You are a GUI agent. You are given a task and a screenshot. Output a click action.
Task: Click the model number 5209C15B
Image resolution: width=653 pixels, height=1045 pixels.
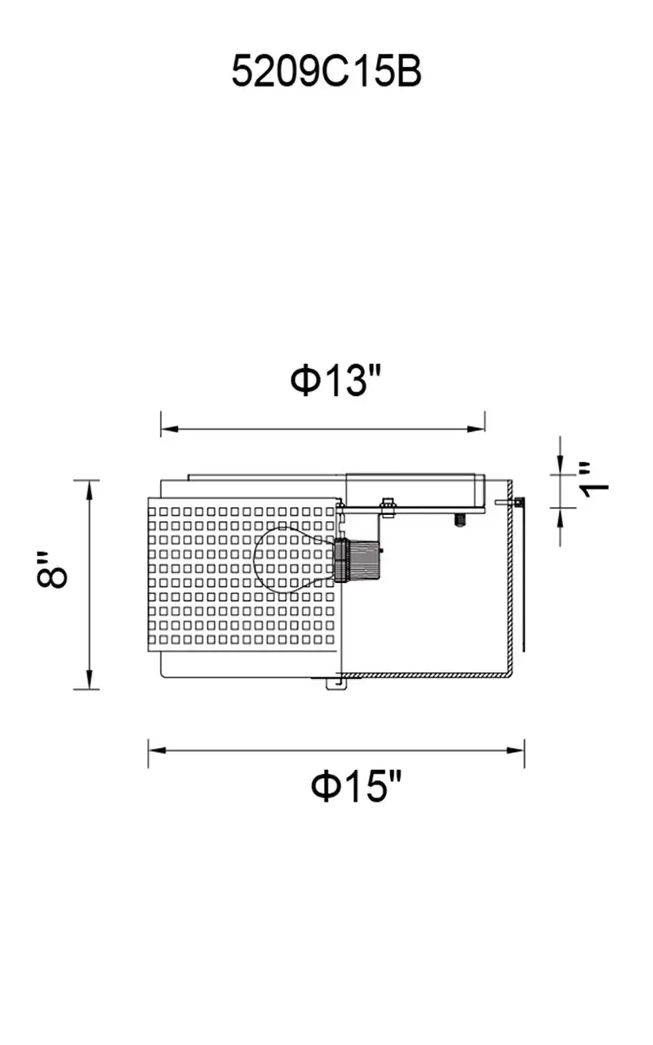coord(326,71)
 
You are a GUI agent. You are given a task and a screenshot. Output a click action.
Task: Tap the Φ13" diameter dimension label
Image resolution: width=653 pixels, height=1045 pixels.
coord(335,380)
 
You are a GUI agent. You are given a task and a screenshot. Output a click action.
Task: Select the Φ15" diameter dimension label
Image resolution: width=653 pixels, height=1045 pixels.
coord(356,786)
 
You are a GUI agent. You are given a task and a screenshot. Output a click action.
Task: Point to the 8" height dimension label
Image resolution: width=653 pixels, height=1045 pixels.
coord(52,570)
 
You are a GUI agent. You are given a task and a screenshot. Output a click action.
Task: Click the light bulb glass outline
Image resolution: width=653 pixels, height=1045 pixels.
coord(294,559)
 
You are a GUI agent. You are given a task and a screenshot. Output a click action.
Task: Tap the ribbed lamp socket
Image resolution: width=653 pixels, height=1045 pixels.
coord(357,560)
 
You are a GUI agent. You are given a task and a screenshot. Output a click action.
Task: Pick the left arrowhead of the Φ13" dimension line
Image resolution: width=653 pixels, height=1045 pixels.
coord(170,429)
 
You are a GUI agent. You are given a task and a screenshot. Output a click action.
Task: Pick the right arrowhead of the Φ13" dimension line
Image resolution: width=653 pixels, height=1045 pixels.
coord(476,429)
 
